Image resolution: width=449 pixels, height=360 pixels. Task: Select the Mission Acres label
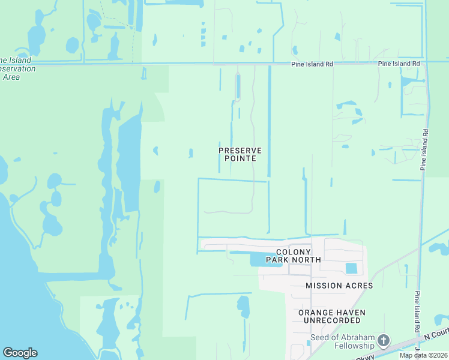pyautogui.click(x=339, y=286)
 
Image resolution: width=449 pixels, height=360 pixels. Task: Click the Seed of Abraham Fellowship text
pyautogui.click(x=342, y=341)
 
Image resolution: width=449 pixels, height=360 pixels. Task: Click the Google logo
pyautogui.click(x=20, y=353)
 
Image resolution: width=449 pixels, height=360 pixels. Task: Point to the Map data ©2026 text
pyautogui.click(x=423, y=355)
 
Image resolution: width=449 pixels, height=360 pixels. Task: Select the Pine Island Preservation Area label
pyautogui.click(x=17, y=68)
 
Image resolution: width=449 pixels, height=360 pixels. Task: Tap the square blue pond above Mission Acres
pyautogui.click(x=351, y=268)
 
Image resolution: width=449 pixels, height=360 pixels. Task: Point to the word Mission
pyautogui.click(x=322, y=286)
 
